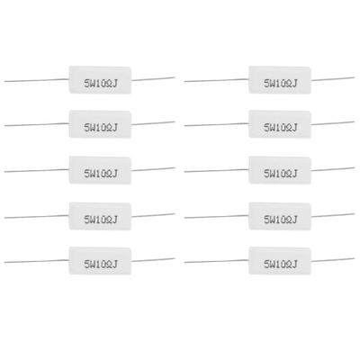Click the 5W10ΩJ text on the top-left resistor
click(101, 84)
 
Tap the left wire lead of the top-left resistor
click(37, 80)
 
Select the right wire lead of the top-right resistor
click(333, 79)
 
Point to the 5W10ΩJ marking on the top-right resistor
click(281, 84)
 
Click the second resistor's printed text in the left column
click(101, 128)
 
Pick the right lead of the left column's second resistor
click(153, 123)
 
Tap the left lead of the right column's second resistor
click(217, 124)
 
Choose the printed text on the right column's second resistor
click(281, 128)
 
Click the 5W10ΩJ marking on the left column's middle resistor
click(101, 174)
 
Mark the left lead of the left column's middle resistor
click(37, 171)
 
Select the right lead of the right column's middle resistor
click(333, 169)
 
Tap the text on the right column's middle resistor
click(281, 174)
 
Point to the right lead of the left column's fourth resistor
click(153, 215)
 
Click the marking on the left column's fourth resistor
click(101, 220)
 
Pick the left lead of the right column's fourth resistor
click(217, 216)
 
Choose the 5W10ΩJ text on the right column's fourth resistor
click(281, 220)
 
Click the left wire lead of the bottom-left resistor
click(37, 261)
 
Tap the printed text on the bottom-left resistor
click(101, 265)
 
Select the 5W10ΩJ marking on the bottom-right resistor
click(281, 265)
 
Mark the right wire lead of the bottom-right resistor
click(333, 259)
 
